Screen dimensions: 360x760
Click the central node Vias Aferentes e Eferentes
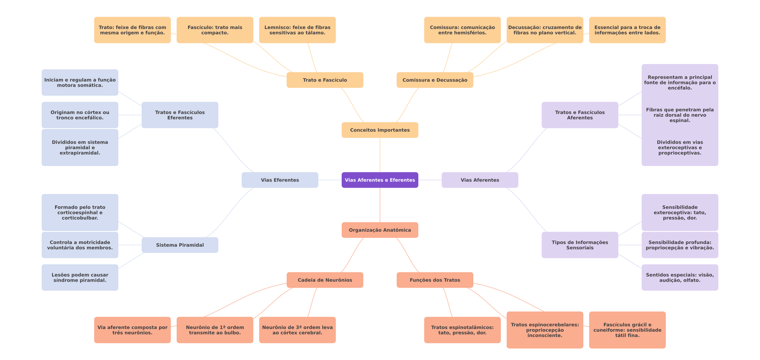click(380, 180)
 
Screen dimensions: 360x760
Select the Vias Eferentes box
click(280, 180)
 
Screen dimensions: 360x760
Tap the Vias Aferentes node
click(480, 180)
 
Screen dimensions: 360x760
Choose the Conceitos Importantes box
click(380, 130)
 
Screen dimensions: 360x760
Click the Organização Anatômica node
click(380, 230)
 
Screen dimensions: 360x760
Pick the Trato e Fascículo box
click(325, 80)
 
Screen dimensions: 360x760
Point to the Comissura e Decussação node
click(435, 80)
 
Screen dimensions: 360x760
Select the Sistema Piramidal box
click(180, 245)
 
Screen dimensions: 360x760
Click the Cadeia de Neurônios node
click(325, 280)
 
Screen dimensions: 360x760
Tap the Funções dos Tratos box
click(435, 280)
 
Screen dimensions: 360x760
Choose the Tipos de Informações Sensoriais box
click(580, 245)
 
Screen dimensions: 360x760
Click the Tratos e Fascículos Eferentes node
click(180, 115)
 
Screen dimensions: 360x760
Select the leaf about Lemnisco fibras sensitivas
click(297, 30)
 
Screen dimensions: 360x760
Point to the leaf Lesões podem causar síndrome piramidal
click(80, 277)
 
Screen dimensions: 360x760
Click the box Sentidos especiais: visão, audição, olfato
click(680, 277)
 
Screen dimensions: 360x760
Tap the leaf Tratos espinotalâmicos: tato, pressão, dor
click(462, 330)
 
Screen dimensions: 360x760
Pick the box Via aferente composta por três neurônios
click(132, 330)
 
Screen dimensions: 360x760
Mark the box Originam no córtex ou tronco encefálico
click(80, 115)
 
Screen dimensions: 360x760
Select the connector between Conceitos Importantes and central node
click(380, 155)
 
